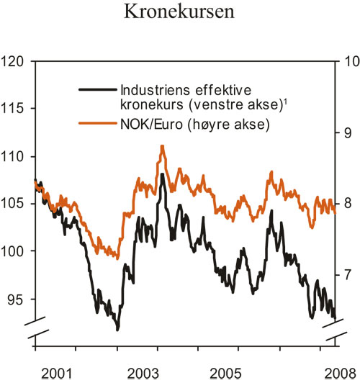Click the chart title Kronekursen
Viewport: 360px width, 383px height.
179,13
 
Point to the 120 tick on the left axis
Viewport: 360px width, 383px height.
16,61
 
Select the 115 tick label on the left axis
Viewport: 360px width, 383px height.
16,109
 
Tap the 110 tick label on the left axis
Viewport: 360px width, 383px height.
16,156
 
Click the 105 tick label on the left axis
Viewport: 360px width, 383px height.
16,204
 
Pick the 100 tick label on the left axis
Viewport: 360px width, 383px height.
16,251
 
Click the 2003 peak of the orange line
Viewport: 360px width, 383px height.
163,146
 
